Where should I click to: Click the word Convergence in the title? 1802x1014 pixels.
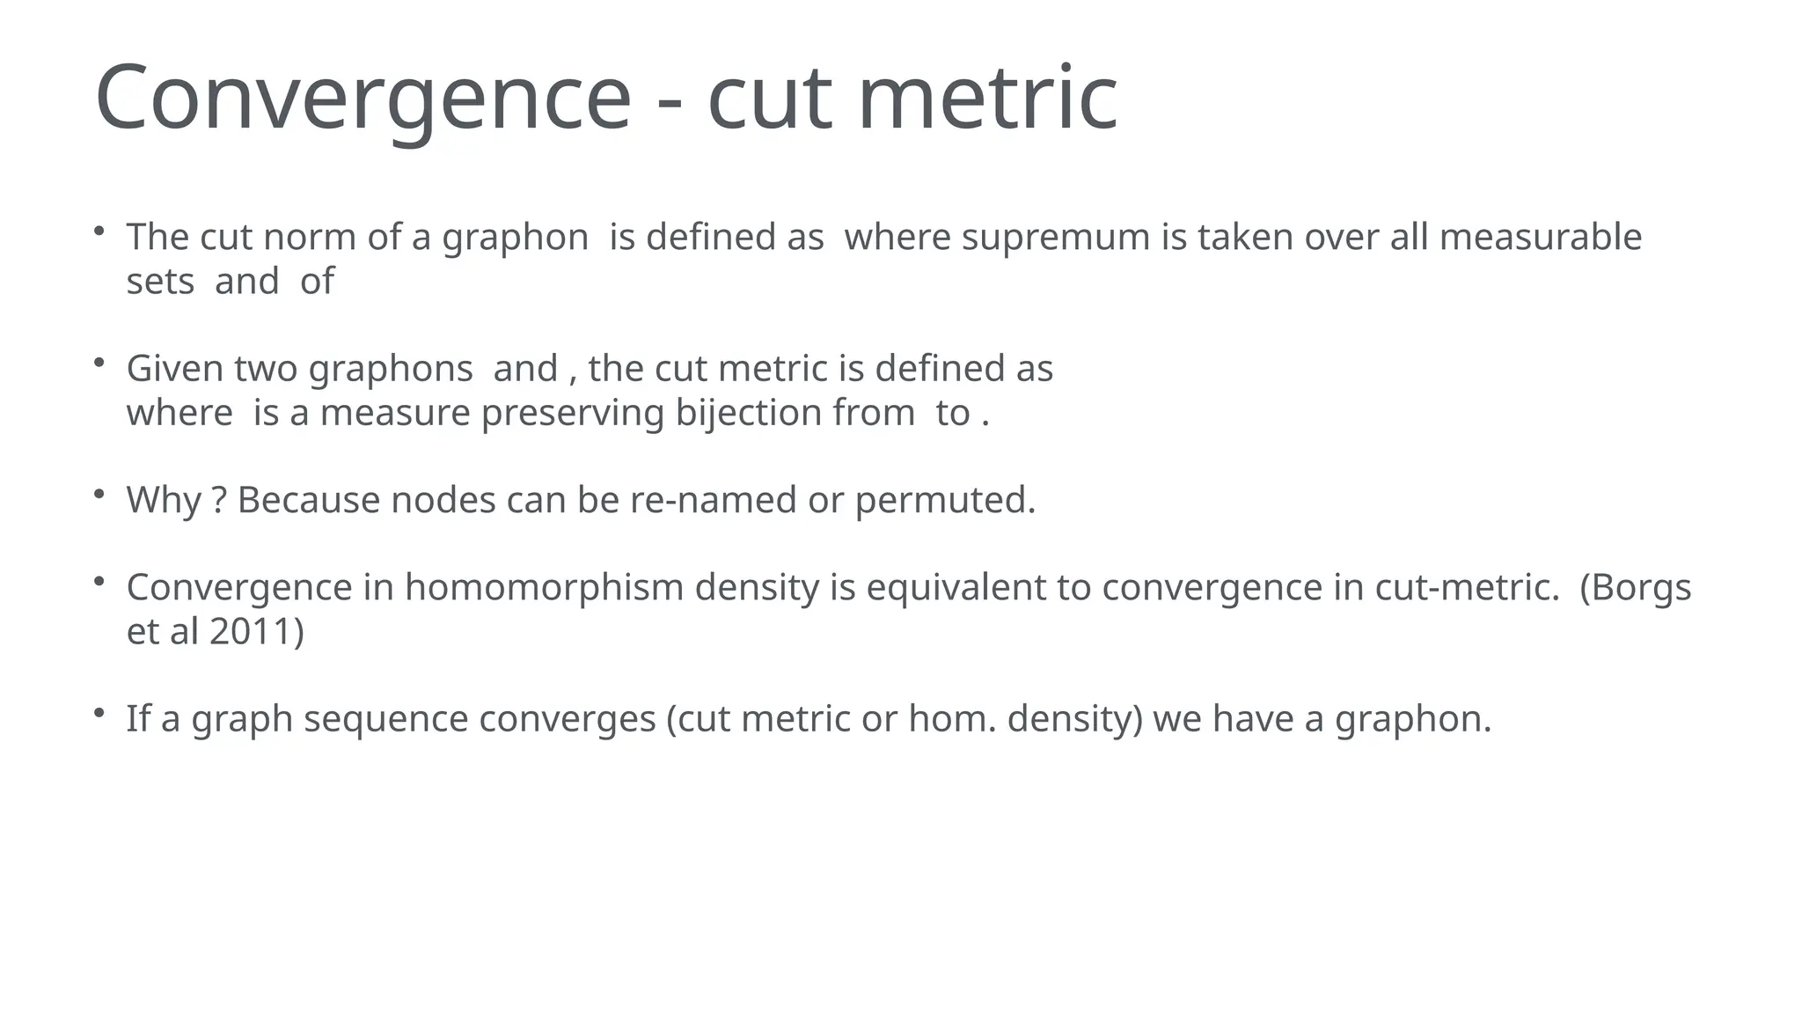click(363, 99)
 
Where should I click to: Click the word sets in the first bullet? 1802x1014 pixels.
click(160, 283)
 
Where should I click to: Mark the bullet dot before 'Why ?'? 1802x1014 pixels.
click(99, 493)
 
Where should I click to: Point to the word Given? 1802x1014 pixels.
click(175, 369)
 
